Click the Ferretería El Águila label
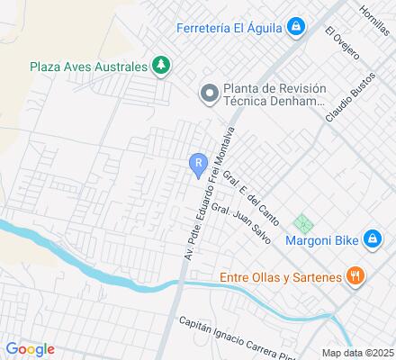click(x=229, y=27)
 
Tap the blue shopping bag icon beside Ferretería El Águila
click(x=294, y=27)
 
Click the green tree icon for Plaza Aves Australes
click(x=161, y=65)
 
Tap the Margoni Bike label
click(x=321, y=239)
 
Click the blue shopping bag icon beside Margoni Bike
click(x=371, y=238)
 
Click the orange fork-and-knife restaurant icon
click(x=355, y=276)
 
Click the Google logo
click(x=30, y=349)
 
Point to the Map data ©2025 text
click(x=358, y=352)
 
